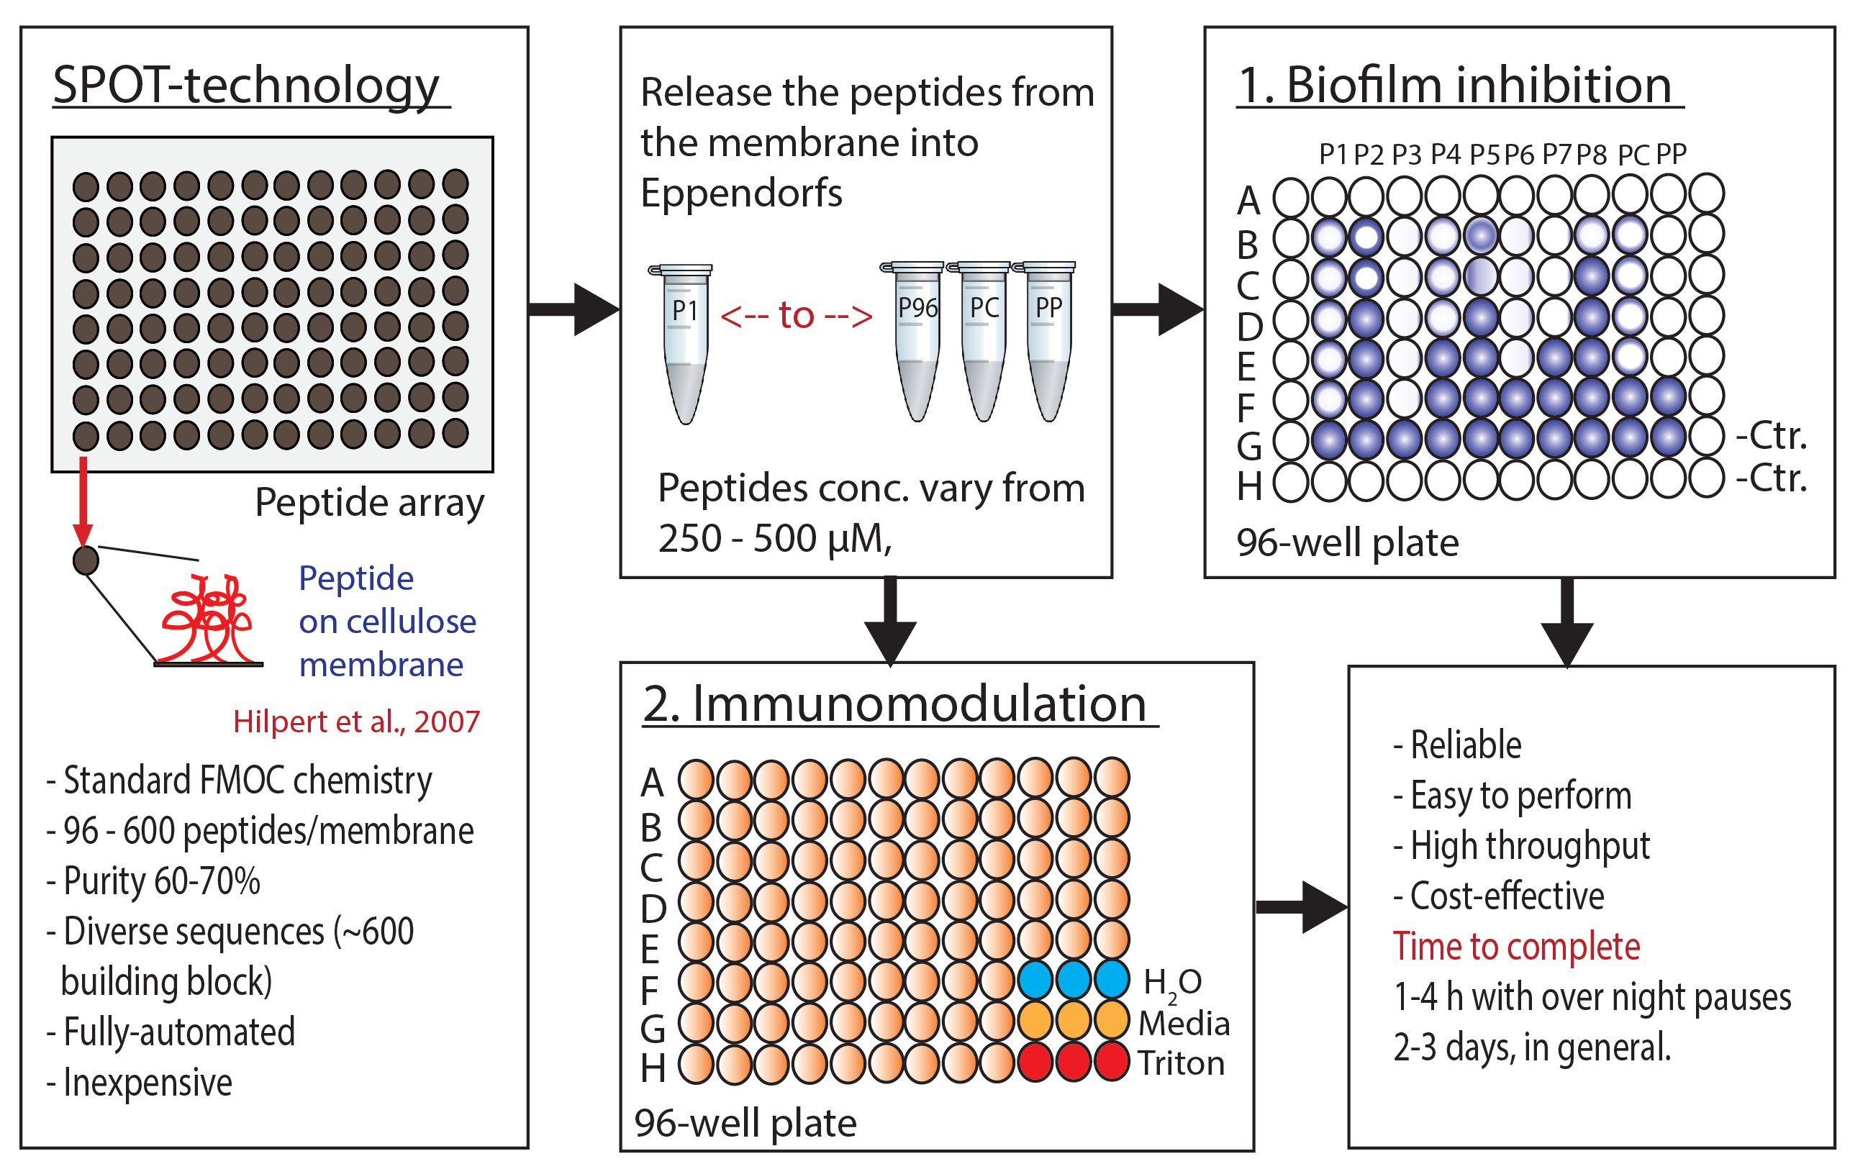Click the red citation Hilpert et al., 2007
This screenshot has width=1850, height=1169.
pyautogui.click(x=356, y=722)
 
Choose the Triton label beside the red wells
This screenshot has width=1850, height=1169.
pyautogui.click(x=1181, y=1064)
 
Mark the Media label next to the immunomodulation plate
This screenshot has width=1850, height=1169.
pyautogui.click(x=1184, y=1023)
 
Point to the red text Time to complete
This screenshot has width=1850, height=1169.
pyautogui.click(x=1517, y=946)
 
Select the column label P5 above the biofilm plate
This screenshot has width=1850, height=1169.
pyautogui.click(x=1484, y=155)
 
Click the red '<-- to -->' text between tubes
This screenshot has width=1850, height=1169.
pyautogui.click(x=797, y=315)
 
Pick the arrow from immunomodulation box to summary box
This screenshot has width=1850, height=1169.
pyautogui.click(x=1302, y=907)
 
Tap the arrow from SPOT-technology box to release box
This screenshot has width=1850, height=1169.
pyautogui.click(x=575, y=309)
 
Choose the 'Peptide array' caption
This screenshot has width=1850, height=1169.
pyautogui.click(x=370, y=503)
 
